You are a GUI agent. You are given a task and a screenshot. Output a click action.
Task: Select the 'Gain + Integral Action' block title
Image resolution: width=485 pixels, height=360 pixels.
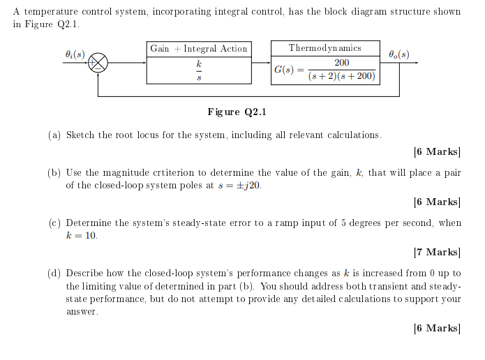[199, 49]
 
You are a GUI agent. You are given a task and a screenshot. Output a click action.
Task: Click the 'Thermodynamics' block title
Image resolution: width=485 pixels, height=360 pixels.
[325, 48]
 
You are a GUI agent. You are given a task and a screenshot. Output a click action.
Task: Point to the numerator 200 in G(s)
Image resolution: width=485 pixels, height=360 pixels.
[341, 63]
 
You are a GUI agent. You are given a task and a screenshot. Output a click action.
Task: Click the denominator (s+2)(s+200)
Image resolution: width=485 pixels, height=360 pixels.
[341, 75]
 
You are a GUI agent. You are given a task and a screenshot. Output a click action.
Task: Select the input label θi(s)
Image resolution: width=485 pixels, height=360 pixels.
[74, 54]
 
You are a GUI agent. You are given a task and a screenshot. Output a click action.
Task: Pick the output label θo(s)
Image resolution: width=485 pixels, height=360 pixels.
[399, 54]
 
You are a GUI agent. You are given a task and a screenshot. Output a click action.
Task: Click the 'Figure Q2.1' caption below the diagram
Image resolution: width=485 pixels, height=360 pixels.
[237, 112]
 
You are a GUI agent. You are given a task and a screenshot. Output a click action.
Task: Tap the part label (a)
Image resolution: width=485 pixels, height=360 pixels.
[54, 135]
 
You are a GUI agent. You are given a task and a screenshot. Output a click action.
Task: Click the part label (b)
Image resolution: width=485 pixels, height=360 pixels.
[54, 173]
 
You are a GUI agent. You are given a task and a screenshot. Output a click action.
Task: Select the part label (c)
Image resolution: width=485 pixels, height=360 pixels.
[54, 223]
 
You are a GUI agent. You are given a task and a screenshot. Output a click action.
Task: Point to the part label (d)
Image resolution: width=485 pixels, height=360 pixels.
[54, 273]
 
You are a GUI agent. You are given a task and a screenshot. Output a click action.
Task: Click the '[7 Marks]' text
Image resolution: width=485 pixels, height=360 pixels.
[437, 253]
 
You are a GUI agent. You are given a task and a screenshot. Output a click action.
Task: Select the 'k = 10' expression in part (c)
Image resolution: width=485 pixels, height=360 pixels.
[81, 236]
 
